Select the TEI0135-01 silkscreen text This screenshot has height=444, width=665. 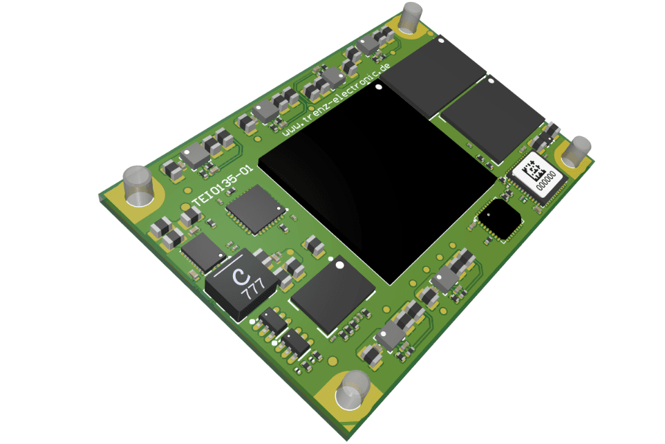pos(223,185)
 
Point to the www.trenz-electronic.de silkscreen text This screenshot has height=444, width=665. pos(336,100)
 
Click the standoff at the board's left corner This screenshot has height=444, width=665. pos(138,186)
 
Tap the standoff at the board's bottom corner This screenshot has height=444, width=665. pos(353,389)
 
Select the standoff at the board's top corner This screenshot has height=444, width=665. pos(411,17)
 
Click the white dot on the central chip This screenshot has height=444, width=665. pos(379,86)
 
